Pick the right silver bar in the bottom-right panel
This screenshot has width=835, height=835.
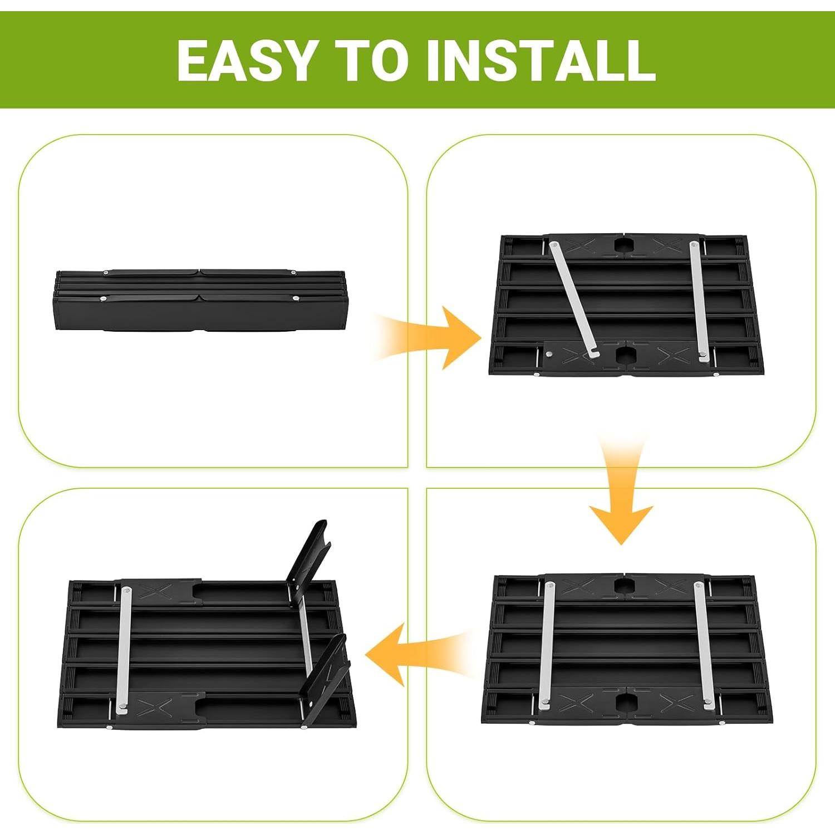tap(704, 646)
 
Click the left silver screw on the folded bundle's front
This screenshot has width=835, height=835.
tap(103, 299)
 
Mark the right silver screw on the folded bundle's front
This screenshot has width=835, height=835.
tap(295, 298)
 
